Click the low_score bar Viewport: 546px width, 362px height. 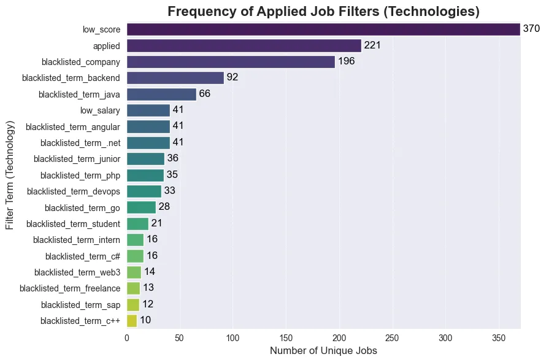coord(323,29)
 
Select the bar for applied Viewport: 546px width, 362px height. coord(244,45)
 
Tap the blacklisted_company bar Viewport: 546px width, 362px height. coord(231,62)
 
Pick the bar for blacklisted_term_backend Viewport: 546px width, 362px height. coord(175,78)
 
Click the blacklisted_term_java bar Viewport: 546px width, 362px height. coord(162,94)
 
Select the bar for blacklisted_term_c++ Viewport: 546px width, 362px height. coord(132,320)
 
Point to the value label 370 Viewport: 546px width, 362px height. coord(531,29)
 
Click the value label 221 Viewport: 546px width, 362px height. coord(372,45)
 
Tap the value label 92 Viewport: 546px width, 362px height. coord(232,78)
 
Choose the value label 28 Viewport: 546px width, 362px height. coord(164,207)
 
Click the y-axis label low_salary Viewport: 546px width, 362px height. coord(100,110)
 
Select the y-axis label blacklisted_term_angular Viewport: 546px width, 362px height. coord(73,126)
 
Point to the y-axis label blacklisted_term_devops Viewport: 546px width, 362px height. coord(74,191)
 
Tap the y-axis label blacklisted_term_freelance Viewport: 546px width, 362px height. coord(70,288)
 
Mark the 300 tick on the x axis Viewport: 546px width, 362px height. coord(445,337)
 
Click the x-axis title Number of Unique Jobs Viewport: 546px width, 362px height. coord(323,352)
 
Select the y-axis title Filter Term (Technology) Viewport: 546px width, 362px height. coord(10,175)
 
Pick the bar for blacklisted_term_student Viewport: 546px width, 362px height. coord(137,223)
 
